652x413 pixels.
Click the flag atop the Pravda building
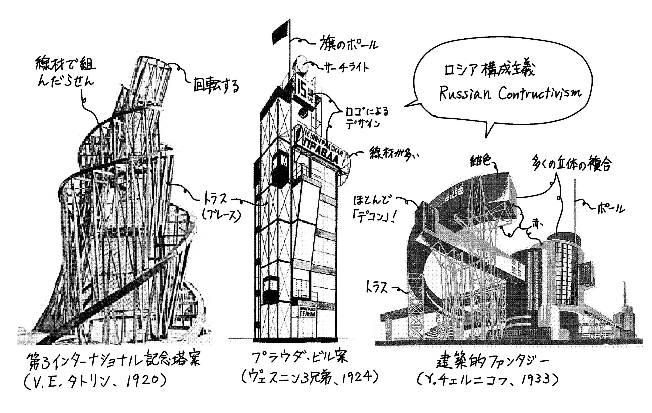[281, 32]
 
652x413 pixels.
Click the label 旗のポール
[349, 43]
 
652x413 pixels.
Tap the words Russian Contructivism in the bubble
[510, 93]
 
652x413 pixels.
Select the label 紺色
[480, 161]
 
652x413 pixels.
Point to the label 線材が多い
[394, 155]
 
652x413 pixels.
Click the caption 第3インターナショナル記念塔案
[114, 360]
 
